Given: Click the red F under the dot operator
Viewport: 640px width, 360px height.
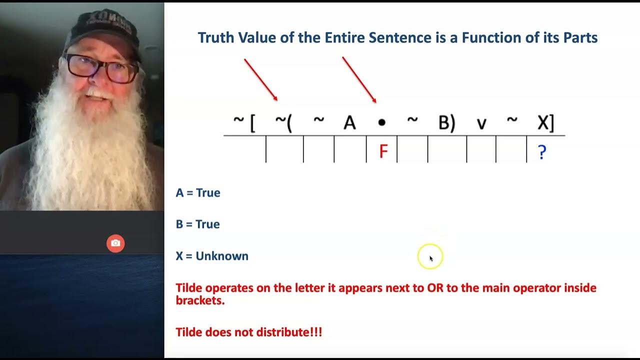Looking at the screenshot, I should coord(383,151).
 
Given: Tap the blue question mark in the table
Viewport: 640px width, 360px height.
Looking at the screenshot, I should coord(541,152).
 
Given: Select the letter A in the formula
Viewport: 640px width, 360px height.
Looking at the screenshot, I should coord(349,122).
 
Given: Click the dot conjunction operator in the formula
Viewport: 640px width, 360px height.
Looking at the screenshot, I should coord(381,122).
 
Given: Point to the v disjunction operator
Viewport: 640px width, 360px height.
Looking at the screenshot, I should coord(481,123).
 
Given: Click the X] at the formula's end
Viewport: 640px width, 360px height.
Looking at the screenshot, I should coord(545,122).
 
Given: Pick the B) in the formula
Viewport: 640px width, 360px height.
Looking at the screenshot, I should coord(446,122).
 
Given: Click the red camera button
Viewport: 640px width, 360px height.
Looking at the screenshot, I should coord(115,243).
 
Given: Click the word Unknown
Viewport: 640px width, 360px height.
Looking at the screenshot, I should coord(221,256).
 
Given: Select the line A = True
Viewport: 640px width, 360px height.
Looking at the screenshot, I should coord(198,193).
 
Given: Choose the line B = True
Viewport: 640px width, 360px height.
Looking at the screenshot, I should coord(198,224).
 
